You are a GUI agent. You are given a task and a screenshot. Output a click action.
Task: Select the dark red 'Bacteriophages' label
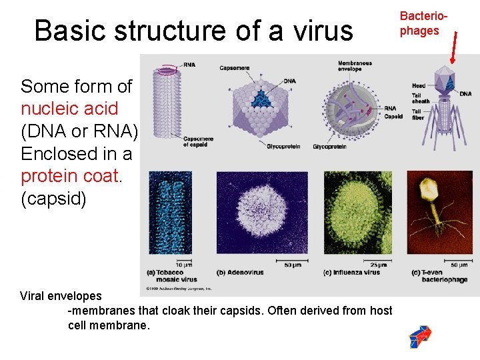pos(419,24)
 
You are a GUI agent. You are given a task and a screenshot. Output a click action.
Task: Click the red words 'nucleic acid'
pos(69,109)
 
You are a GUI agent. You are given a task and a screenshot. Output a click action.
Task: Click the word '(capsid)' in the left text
pos(53,199)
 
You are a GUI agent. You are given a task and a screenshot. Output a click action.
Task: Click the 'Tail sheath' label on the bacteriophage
pos(420,98)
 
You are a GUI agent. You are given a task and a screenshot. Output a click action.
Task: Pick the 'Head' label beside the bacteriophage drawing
pos(418,86)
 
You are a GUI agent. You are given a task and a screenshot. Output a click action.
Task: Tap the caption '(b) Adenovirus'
pos(241,272)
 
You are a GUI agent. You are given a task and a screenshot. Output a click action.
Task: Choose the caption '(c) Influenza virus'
pos(351,272)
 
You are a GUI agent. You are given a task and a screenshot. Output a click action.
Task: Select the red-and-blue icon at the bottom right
pos(420,337)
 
